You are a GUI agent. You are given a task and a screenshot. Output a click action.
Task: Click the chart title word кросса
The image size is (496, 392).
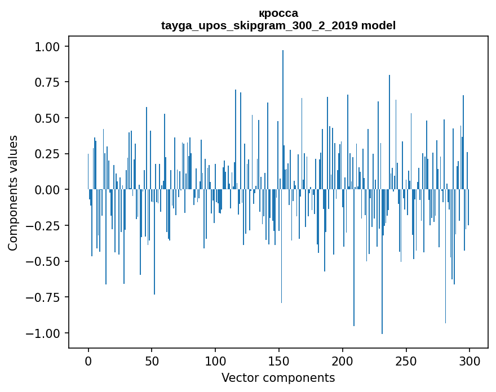[x=278, y=13]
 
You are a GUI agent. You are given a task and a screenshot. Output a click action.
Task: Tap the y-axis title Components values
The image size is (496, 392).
[x=13, y=193]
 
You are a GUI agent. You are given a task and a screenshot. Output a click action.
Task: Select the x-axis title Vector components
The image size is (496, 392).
[x=278, y=377]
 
